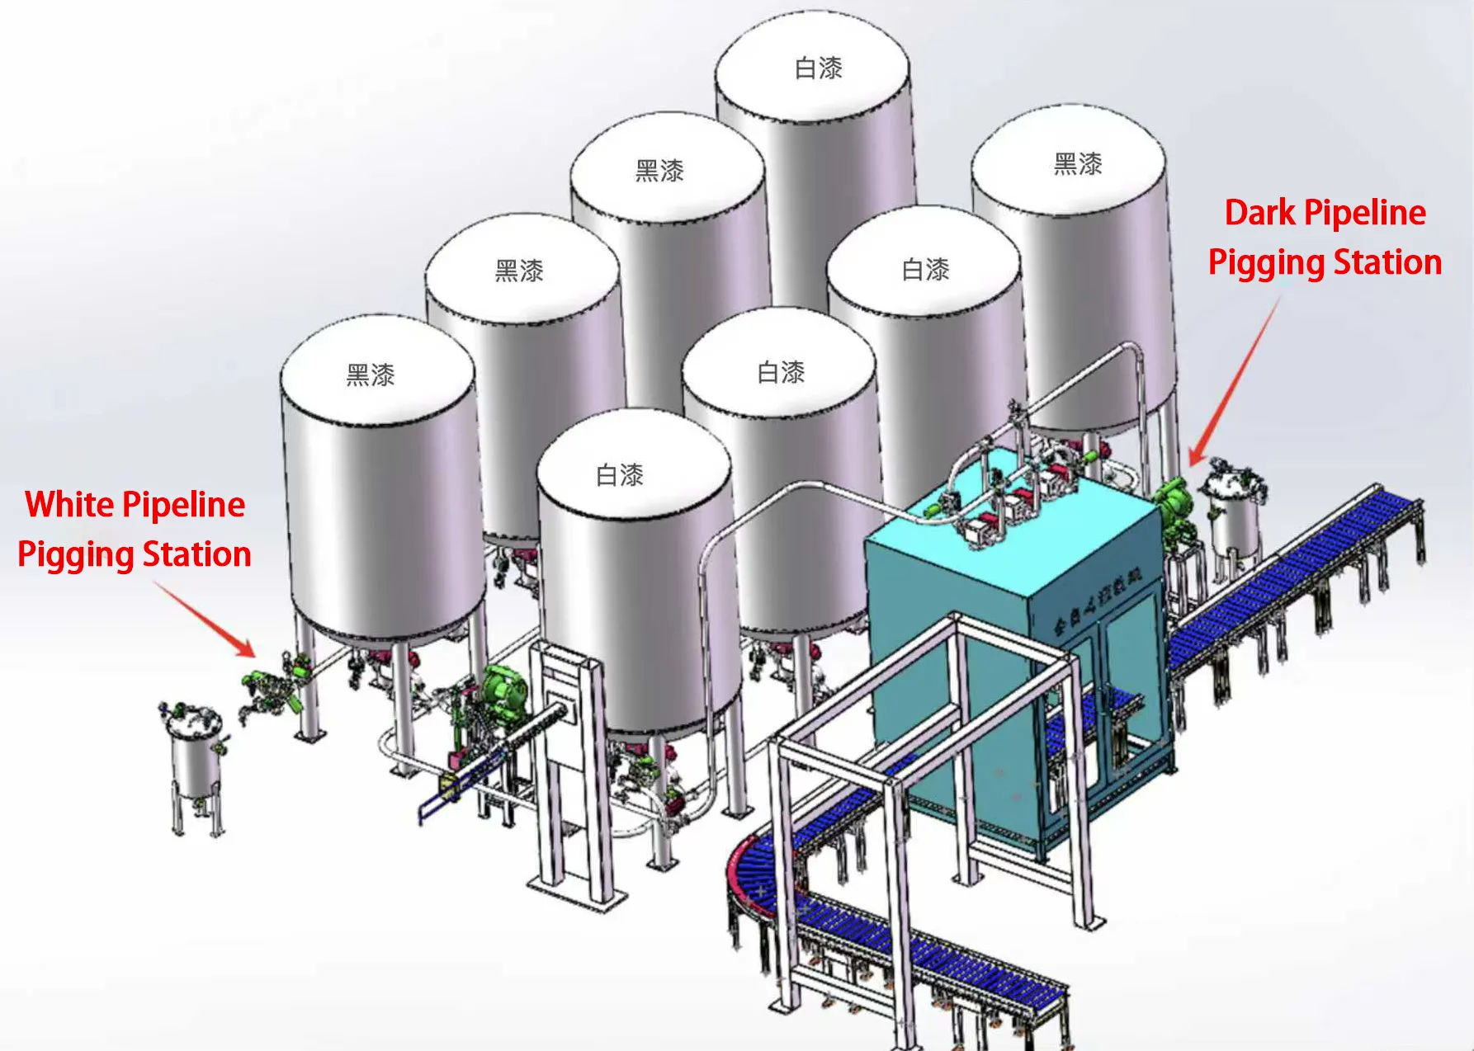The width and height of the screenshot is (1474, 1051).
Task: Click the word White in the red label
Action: pos(69,505)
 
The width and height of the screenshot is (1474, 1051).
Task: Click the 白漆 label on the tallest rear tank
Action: pos(818,68)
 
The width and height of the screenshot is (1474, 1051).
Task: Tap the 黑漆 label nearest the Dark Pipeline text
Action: pos(1078,164)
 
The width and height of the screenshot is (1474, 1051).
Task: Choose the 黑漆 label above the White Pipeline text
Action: pos(371,375)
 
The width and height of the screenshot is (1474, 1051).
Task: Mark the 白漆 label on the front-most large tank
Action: pos(620,475)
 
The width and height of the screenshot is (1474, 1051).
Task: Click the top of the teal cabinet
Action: pos(1011,528)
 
